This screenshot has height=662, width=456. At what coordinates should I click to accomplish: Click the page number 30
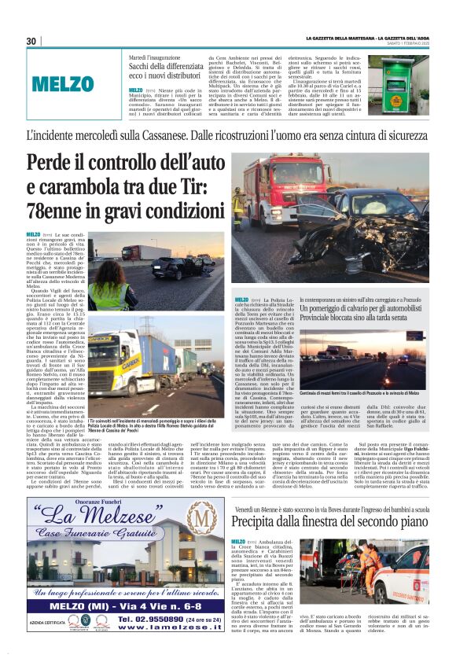coord(31,41)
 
